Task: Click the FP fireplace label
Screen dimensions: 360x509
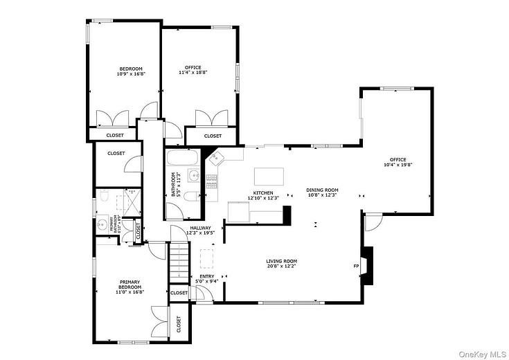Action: (356, 267)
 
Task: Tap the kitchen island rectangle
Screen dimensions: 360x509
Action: (270, 176)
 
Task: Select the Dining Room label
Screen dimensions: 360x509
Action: (323, 190)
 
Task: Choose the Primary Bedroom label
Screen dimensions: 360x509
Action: (130, 284)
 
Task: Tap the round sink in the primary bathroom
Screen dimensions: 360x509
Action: (103, 224)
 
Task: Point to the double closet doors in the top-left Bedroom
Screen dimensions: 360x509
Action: (111, 117)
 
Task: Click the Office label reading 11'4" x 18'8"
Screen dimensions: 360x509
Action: (193, 69)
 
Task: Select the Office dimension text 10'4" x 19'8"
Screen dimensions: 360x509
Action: (398, 165)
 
